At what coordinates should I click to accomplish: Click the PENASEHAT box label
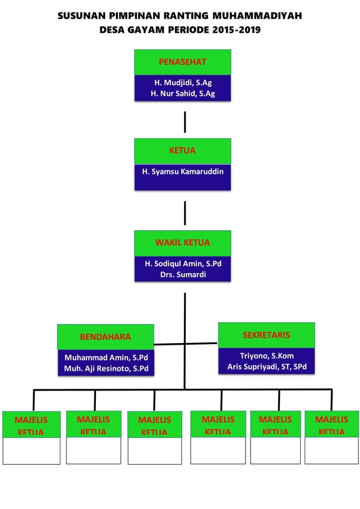point(182,62)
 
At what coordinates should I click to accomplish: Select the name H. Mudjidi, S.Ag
point(183,82)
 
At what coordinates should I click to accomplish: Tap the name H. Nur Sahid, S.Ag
point(183,94)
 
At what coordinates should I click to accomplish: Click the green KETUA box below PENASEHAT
point(182,151)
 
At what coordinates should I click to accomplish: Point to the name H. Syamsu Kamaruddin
point(183,171)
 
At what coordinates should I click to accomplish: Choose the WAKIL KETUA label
point(182,243)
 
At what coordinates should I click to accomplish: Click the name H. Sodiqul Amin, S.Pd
point(183,264)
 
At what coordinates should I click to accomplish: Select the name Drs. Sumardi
point(183,275)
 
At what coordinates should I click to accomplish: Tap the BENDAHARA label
point(105,337)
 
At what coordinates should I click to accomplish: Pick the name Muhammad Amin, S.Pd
point(106,358)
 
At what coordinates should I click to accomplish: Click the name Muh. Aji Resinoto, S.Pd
point(106,369)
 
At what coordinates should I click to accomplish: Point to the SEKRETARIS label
point(266,335)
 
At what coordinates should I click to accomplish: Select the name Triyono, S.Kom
point(266,356)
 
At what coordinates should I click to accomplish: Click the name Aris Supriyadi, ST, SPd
point(266,367)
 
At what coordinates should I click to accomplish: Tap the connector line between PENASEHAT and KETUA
point(185,122)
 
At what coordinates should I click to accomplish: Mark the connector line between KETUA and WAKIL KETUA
point(185,213)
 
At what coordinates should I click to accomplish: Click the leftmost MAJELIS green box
point(31,425)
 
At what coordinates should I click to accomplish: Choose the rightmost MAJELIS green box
point(332,424)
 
